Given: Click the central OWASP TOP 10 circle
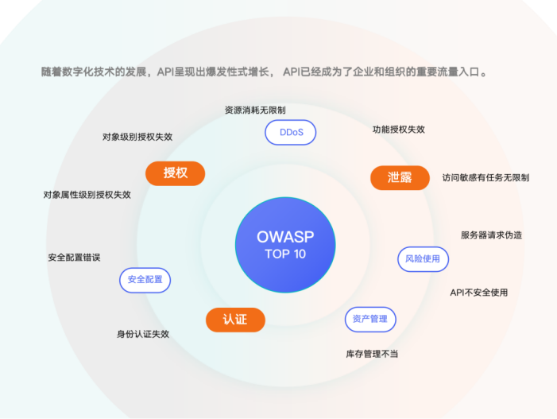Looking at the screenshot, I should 285,243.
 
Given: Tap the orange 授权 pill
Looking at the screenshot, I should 175,173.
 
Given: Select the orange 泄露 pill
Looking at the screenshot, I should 400,177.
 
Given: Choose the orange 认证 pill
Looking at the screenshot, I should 234,320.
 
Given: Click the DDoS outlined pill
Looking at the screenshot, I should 290,132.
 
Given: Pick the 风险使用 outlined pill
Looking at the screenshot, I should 423,258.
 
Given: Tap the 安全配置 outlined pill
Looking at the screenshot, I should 145,280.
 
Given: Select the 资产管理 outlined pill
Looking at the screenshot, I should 369,319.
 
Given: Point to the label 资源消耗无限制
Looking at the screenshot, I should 255,110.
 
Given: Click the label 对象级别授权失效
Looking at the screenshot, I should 137,136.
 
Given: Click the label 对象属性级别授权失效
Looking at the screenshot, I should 87,194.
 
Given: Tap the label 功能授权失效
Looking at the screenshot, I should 399,130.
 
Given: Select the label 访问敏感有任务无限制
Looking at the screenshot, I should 485,177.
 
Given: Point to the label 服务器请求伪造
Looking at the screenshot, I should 491,235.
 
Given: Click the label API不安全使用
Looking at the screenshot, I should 478,292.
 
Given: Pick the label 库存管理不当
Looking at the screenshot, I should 372,353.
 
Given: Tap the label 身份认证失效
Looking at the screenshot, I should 143,334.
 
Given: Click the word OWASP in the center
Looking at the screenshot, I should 285,236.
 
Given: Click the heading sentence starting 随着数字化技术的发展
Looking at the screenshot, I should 263,72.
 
